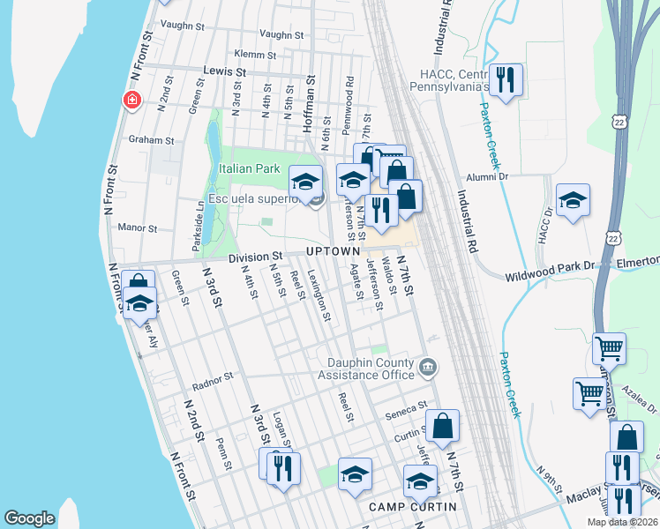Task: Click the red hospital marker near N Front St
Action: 132,101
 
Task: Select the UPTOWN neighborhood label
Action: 333,251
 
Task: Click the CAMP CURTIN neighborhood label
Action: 412,506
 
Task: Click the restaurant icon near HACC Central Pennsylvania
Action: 506,80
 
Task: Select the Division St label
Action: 254,257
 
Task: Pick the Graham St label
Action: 151,140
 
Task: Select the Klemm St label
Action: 256,54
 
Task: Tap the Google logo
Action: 29,518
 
